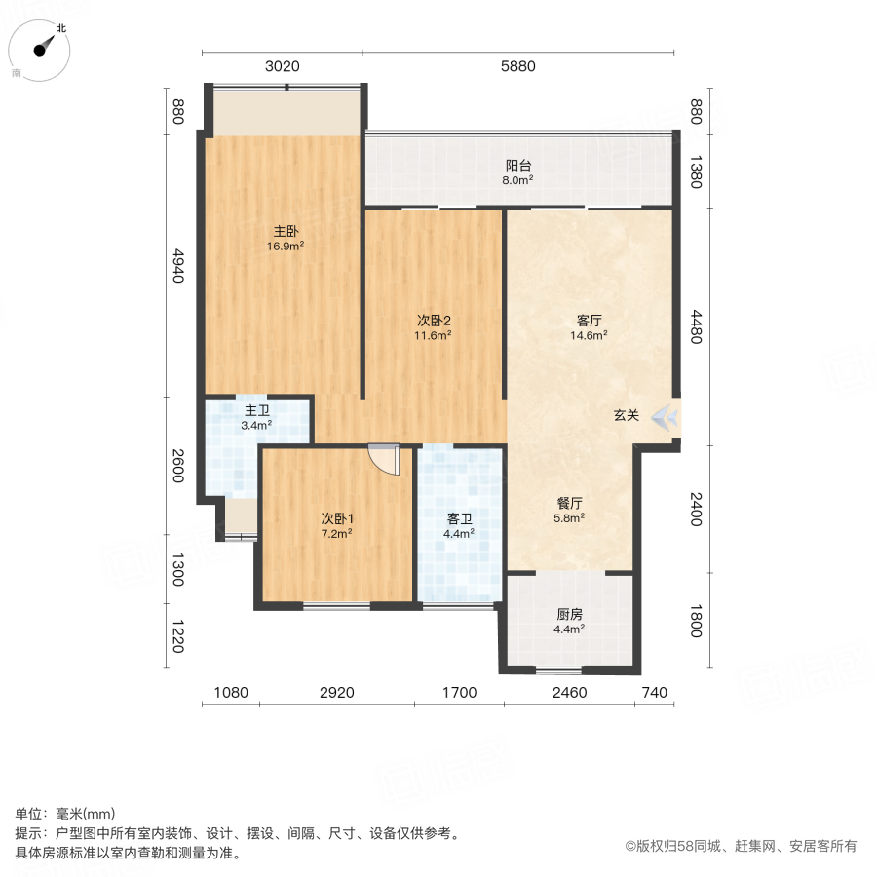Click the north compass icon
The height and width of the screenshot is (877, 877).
tap(43, 49)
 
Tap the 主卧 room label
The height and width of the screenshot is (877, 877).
tap(286, 232)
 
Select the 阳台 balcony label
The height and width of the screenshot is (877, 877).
tap(518, 165)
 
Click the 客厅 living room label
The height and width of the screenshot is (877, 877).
tap(589, 321)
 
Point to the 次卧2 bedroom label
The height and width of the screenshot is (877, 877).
tap(434, 321)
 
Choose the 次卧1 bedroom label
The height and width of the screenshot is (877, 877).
tap(336, 518)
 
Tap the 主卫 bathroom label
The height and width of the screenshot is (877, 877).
tap(257, 410)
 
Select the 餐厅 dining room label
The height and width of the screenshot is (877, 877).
tap(570, 504)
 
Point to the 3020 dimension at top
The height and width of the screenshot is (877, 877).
tap(283, 66)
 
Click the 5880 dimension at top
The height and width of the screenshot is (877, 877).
tap(518, 66)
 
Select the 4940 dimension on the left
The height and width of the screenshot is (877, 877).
tap(177, 265)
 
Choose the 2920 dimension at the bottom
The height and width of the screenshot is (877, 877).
tap(337, 693)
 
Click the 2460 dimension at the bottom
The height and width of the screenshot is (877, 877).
tap(569, 693)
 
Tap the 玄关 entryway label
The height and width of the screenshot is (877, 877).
tap(627, 416)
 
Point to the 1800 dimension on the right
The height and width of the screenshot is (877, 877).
tap(696, 622)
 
